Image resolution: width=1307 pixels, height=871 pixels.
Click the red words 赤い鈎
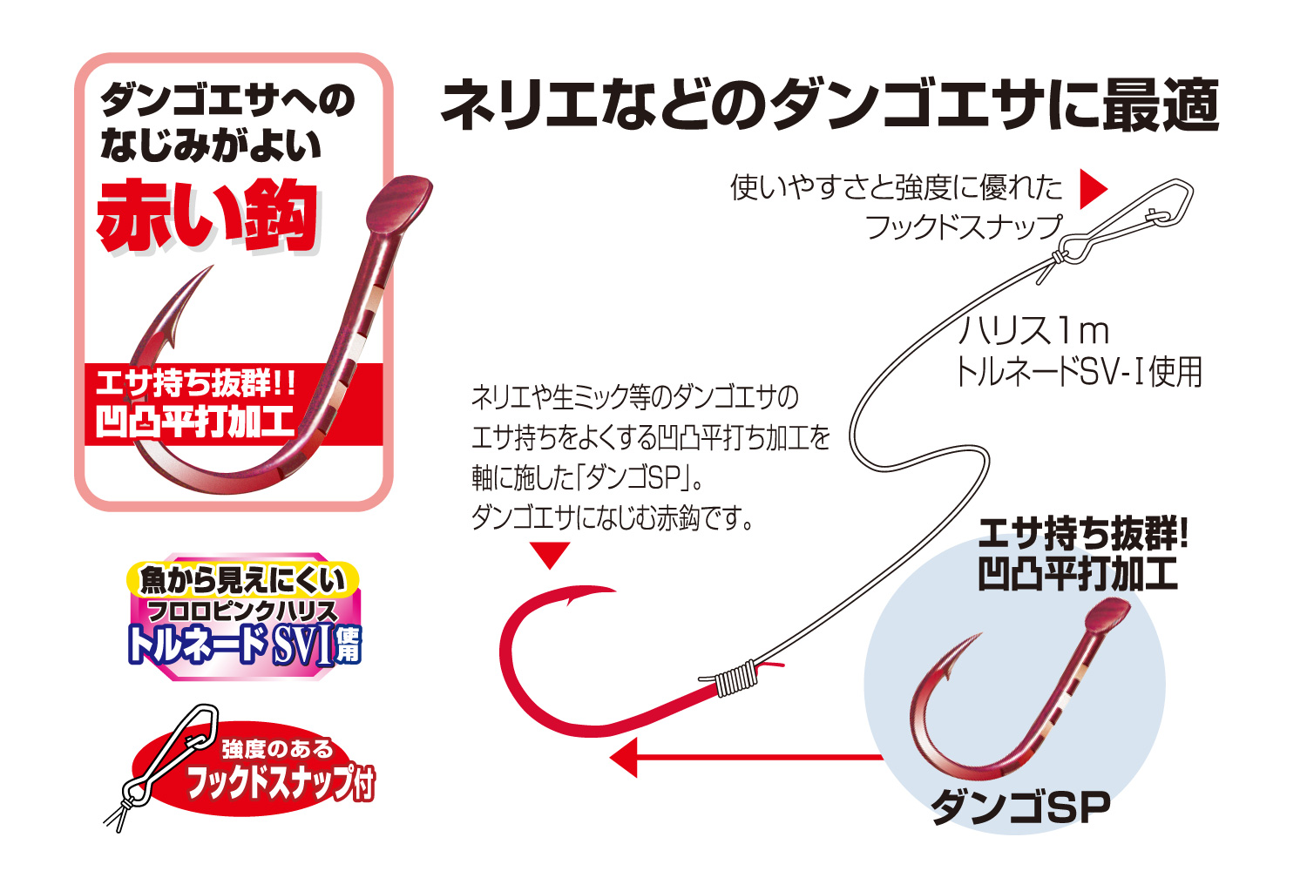207,215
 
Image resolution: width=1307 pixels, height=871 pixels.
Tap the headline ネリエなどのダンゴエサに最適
830,105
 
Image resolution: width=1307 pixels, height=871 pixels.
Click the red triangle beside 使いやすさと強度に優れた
1093,189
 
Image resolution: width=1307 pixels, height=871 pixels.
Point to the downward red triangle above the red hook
550,555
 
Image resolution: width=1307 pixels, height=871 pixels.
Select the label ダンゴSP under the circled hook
1020,807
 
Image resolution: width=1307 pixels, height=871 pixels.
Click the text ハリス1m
1033,330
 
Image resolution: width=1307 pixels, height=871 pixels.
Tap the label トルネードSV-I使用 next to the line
1079,372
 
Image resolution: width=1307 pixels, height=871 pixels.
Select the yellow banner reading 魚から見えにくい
243,579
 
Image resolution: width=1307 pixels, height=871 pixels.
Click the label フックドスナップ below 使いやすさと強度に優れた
964,227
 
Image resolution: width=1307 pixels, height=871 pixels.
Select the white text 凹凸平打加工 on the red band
194,421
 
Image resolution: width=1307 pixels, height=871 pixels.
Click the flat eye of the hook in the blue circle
1108,618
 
